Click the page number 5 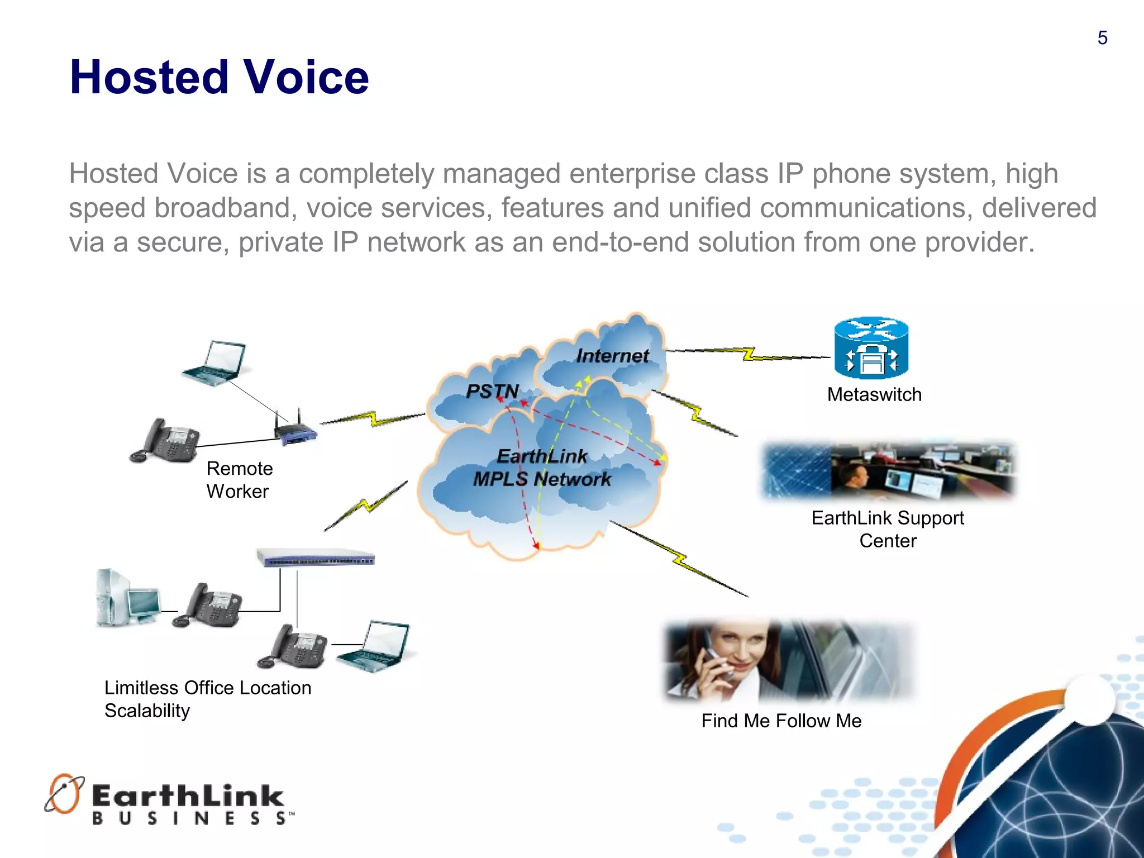(x=1102, y=38)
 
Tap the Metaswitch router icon (x=871, y=349)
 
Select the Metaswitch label (x=874, y=394)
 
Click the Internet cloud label (x=612, y=356)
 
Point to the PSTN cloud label (x=492, y=391)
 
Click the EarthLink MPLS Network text (x=541, y=468)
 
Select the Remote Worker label (x=239, y=479)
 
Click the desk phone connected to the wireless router (x=165, y=441)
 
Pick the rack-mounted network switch (x=316, y=557)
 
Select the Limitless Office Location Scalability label (x=207, y=699)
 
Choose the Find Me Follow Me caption (x=781, y=721)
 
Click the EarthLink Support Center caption (x=887, y=529)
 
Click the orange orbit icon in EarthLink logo (x=64, y=793)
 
